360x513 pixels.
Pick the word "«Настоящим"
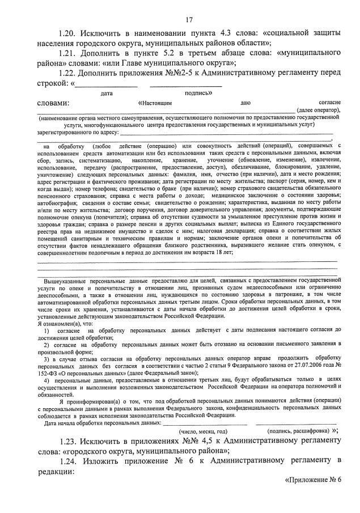(x=155, y=103)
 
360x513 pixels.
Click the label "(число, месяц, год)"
(x=203, y=431)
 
